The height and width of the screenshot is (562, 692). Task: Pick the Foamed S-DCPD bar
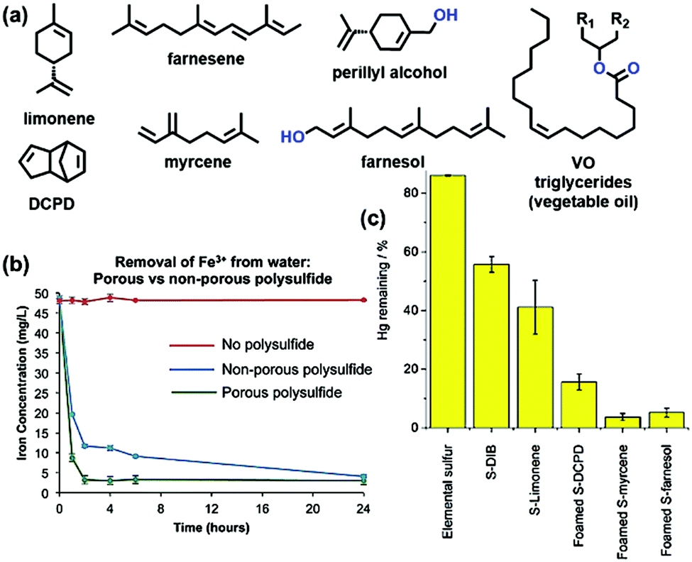[x=579, y=404]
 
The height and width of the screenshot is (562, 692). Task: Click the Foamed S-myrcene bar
[x=623, y=422]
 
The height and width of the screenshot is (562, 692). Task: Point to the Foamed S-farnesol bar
[x=667, y=420]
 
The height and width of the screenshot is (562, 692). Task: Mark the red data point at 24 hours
[x=363, y=300]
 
